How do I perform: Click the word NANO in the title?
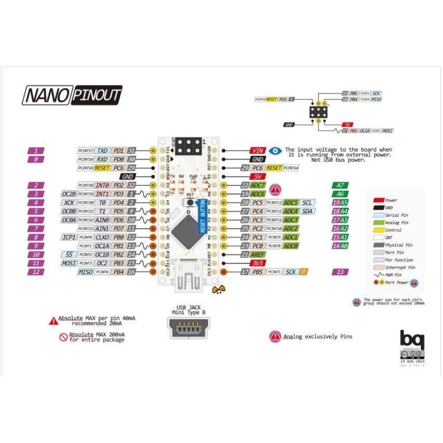coord(47,96)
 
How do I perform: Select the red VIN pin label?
coord(258,151)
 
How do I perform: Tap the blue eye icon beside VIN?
coord(275,151)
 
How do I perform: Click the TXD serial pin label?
coord(103,151)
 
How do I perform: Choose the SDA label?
coord(307,211)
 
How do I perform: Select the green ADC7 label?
coord(258,185)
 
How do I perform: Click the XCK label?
coord(69,203)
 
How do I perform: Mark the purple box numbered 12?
coord(35,272)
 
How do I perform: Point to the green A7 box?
coord(340,185)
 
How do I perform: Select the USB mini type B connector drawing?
coord(189,328)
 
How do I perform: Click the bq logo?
coord(412,340)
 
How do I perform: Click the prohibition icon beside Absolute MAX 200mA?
coord(63,337)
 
